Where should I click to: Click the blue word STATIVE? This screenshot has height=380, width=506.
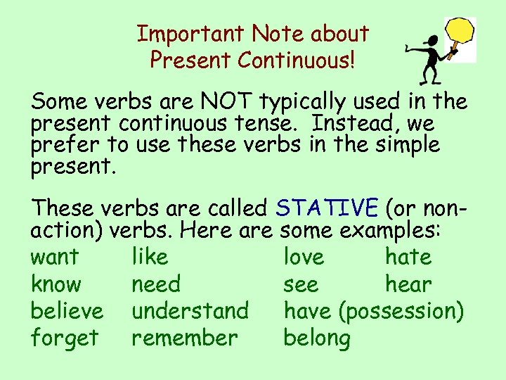(x=327, y=208)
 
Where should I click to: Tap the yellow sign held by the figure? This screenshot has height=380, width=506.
(x=462, y=32)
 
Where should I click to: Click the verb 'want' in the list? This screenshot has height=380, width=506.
(x=54, y=258)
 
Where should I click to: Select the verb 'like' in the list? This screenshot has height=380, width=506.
(x=150, y=257)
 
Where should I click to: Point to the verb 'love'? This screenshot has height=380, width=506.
(x=304, y=257)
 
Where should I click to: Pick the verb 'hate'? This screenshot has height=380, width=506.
(x=408, y=257)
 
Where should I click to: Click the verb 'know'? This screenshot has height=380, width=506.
(x=56, y=284)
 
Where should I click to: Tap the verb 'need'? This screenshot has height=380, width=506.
(x=156, y=284)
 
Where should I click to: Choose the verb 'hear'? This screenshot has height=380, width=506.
(x=408, y=284)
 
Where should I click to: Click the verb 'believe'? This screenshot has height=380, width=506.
(x=67, y=311)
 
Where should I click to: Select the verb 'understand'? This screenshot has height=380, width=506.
(x=190, y=311)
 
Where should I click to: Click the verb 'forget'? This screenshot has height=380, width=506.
(x=64, y=338)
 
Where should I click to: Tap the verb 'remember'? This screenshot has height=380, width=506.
(x=184, y=338)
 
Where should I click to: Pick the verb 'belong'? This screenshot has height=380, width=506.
(x=317, y=338)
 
